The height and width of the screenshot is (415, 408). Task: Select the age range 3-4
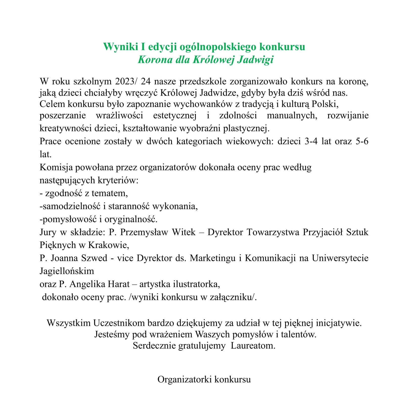click(311, 141)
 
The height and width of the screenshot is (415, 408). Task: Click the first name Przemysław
click(144, 232)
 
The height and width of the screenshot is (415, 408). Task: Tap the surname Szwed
click(95, 258)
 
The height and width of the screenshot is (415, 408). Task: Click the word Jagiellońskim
click(67, 271)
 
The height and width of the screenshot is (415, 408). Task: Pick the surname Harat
click(119, 284)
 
